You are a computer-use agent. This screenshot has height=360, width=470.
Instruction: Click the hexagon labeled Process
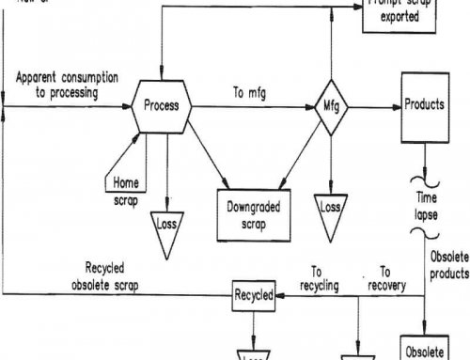click(161, 106)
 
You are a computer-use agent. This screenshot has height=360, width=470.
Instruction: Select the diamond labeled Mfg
click(330, 106)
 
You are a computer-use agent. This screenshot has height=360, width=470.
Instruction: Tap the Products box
click(422, 105)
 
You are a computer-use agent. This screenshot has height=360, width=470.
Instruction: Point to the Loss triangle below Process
click(167, 224)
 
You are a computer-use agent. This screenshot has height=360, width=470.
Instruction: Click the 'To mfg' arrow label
click(248, 93)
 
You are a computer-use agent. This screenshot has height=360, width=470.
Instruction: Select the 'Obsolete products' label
click(448, 266)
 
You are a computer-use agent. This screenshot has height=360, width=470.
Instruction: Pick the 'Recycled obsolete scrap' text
click(55, 273)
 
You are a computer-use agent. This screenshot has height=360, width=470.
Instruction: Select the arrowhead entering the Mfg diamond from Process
click(313, 106)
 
